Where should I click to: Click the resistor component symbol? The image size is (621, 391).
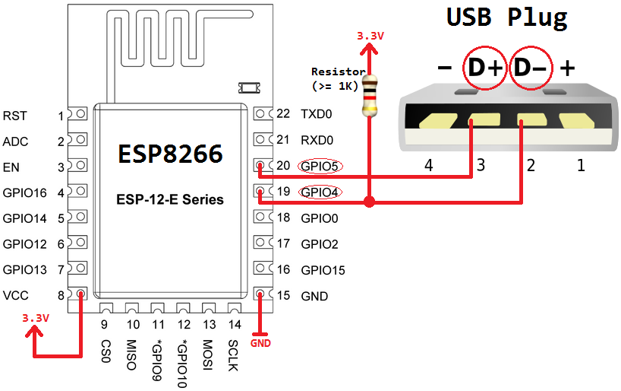click(x=369, y=95)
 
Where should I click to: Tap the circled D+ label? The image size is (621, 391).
click(x=484, y=68)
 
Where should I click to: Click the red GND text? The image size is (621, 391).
click(x=260, y=343)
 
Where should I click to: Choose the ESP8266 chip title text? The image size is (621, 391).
click(x=170, y=154)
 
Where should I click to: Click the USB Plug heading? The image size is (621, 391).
click(x=506, y=17)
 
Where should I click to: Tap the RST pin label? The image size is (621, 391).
click(x=15, y=116)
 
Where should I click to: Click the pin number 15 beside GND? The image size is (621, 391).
click(x=283, y=296)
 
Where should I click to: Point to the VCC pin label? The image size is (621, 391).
click(x=17, y=295)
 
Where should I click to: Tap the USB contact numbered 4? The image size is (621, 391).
click(x=429, y=120)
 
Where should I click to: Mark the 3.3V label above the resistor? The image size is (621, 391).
click(x=370, y=36)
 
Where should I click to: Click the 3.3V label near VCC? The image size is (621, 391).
click(x=36, y=317)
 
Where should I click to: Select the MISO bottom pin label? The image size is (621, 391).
click(x=131, y=355)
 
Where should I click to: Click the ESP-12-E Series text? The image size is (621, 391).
click(x=170, y=199)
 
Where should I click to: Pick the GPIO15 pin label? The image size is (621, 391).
click(x=323, y=270)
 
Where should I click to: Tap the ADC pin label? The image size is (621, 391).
click(x=16, y=141)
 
